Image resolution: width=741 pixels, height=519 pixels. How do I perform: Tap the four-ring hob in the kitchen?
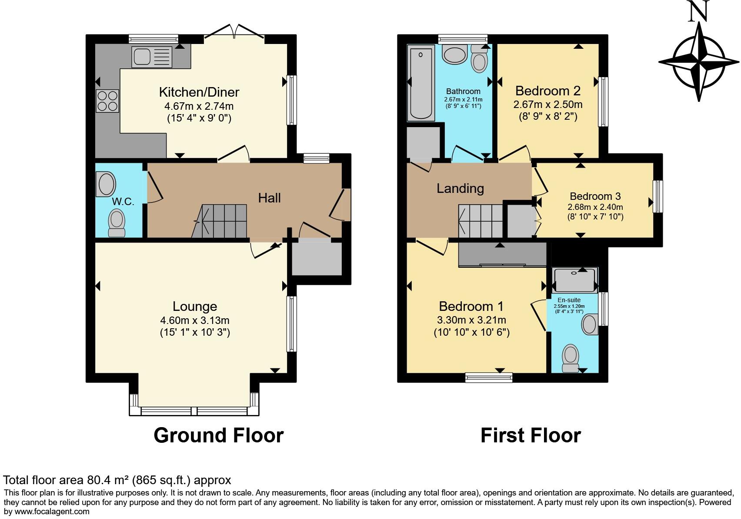107,101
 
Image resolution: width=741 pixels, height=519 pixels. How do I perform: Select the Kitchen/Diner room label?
199,92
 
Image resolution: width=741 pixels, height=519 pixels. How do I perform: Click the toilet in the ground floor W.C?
117,222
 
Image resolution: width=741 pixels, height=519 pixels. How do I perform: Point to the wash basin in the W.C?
107,184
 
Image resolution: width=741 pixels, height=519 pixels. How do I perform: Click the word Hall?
269,198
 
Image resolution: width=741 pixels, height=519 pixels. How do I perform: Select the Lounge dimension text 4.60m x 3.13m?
195,320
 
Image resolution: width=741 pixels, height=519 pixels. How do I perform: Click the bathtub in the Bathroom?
421,84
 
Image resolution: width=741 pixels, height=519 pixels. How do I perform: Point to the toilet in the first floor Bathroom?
479,60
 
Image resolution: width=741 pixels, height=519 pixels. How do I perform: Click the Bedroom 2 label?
547,91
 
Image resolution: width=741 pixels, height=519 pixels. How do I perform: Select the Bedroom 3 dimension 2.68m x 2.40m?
595,207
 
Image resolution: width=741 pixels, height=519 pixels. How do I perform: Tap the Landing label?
460,189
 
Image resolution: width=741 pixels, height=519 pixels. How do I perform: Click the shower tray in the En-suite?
575,280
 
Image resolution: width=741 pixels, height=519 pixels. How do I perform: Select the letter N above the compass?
699,12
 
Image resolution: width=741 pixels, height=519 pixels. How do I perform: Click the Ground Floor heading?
218,435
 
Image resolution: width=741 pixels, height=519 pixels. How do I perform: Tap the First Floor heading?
531,435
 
